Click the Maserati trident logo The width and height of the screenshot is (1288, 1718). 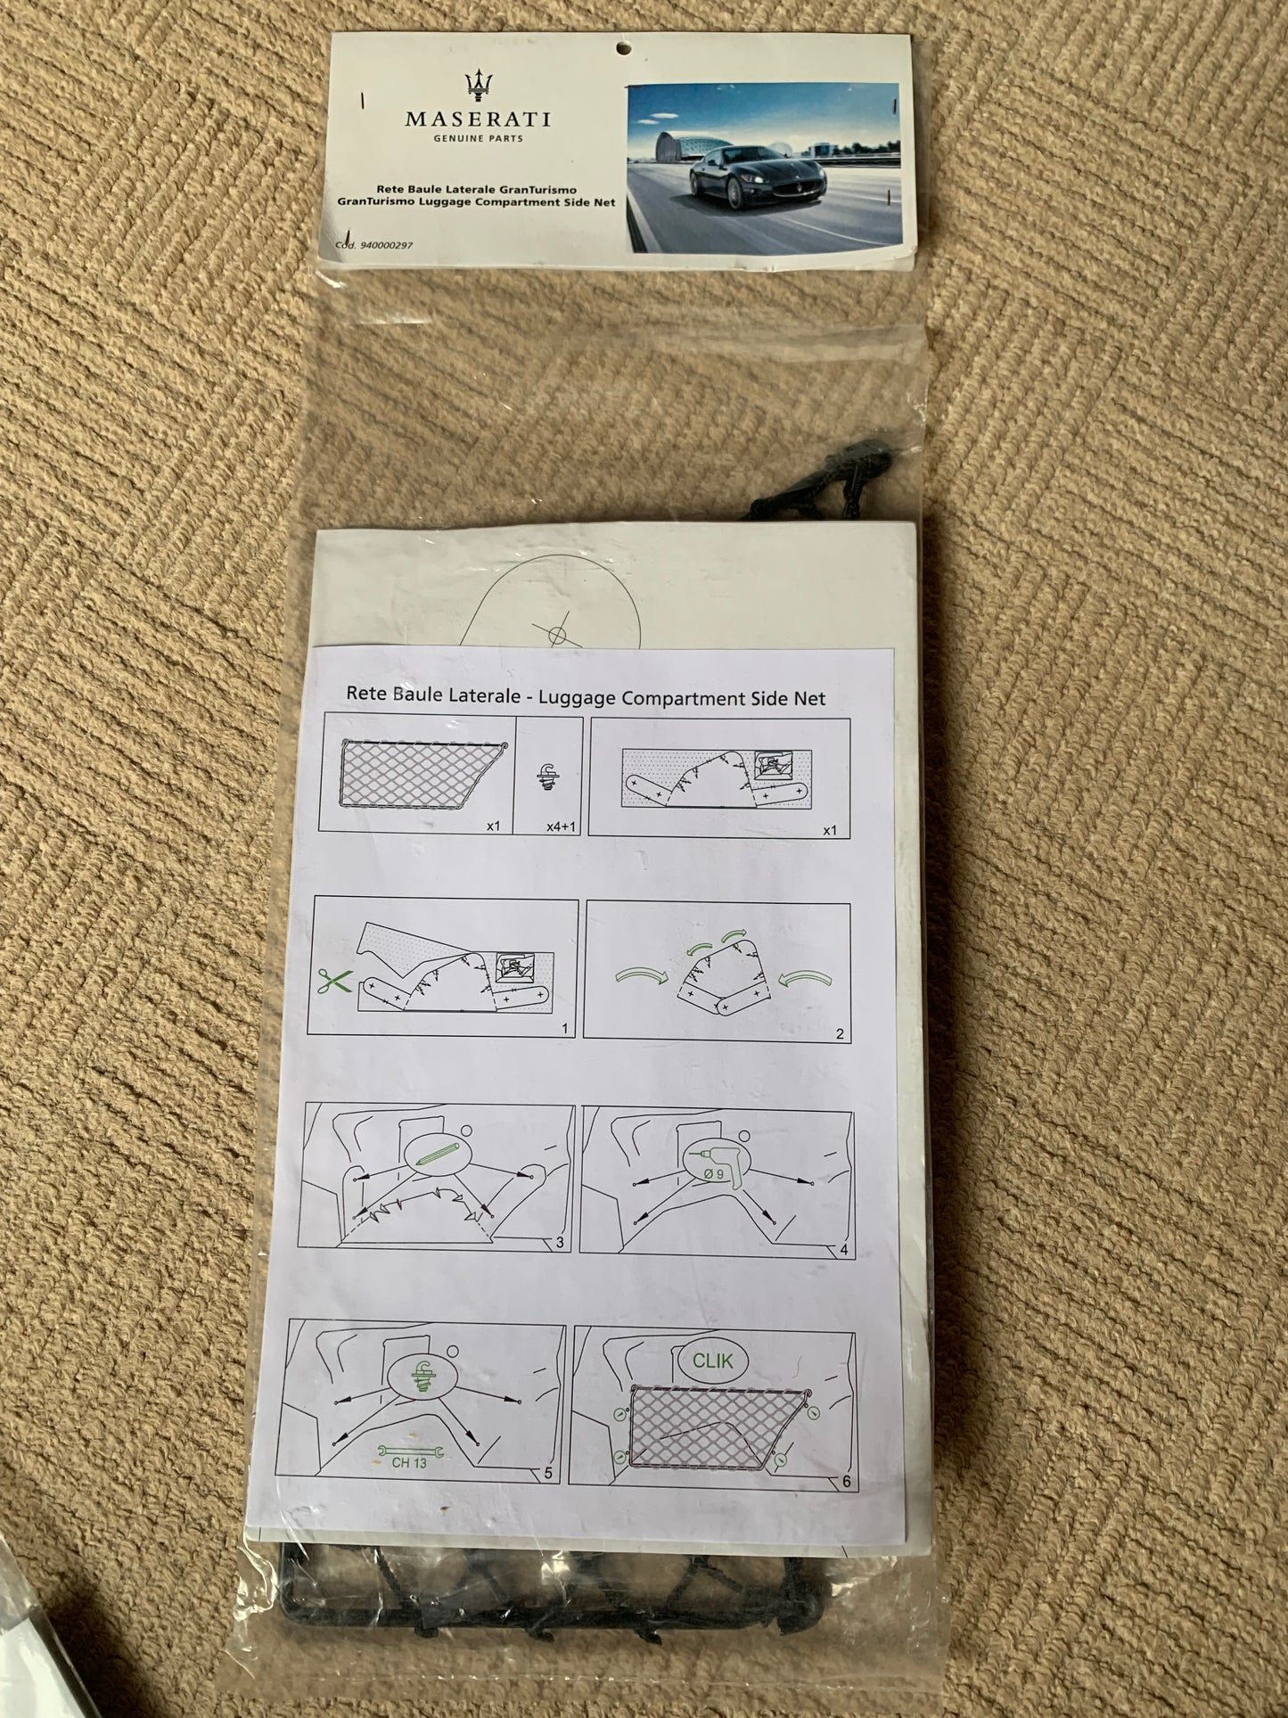[479, 87]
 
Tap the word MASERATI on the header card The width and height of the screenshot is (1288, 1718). [478, 119]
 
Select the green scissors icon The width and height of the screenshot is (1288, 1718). [332, 980]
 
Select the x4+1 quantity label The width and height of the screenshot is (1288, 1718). [562, 826]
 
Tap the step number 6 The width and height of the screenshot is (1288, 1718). [846, 1482]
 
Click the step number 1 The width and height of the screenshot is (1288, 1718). [565, 1028]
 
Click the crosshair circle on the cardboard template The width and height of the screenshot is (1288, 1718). [557, 637]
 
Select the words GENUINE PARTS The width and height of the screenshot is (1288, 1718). [478, 139]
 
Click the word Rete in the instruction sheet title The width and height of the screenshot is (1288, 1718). [365, 693]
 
